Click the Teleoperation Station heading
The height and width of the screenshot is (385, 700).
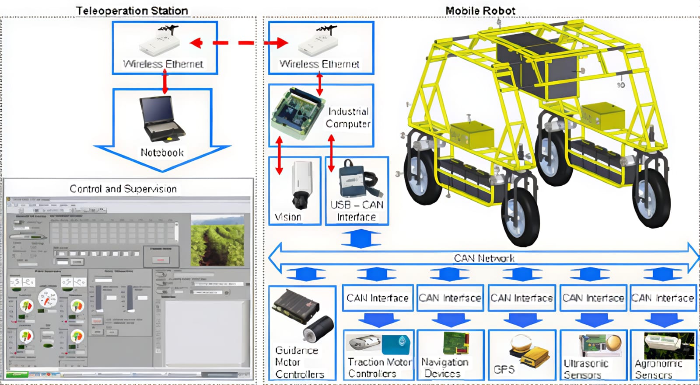[132, 10]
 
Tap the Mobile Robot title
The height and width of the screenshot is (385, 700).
[480, 10]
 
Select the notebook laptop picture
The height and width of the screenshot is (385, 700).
[161, 118]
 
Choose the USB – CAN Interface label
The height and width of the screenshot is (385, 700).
[357, 211]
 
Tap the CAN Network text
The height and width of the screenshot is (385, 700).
[484, 258]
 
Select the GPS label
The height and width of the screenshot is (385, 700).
[504, 369]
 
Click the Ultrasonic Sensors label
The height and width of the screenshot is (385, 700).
[585, 369]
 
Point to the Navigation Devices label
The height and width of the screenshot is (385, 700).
[444, 368]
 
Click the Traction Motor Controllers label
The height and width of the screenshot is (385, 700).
[379, 368]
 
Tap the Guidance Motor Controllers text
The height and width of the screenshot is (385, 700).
[299, 362]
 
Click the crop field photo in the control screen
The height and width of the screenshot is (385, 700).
[217, 240]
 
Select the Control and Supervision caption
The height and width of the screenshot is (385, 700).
[123, 189]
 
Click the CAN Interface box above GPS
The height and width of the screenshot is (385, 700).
[521, 298]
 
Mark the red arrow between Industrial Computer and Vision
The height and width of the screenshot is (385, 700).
[279, 156]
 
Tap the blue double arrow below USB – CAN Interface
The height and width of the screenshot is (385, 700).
[360, 239]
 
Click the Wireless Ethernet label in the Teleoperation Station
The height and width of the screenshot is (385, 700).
[163, 64]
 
